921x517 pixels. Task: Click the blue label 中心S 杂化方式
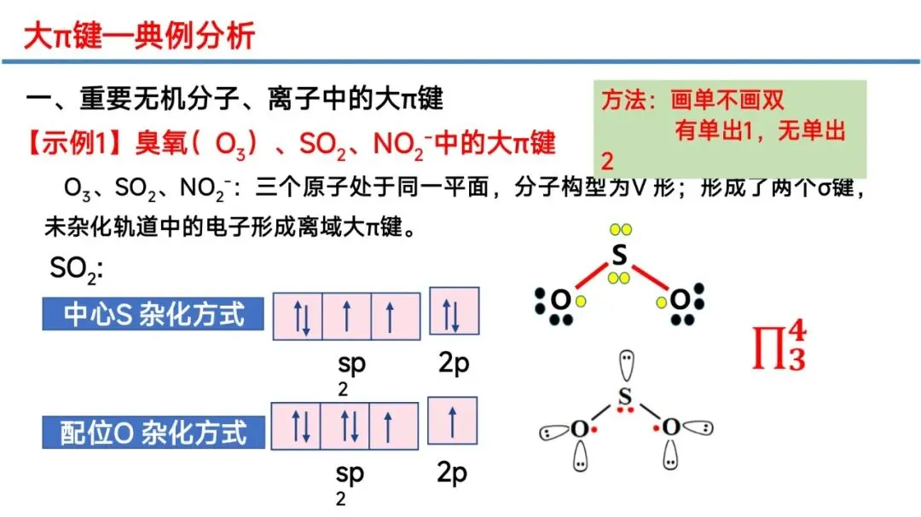tap(154, 314)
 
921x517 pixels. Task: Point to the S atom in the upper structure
tap(620, 256)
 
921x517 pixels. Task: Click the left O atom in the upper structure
tap(559, 300)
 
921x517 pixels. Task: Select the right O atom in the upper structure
tap(679, 300)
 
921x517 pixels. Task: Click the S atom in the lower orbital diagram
tap(625, 397)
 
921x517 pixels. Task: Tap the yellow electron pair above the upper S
tap(620, 229)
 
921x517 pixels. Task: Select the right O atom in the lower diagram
tap(672, 428)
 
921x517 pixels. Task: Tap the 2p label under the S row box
tap(454, 364)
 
